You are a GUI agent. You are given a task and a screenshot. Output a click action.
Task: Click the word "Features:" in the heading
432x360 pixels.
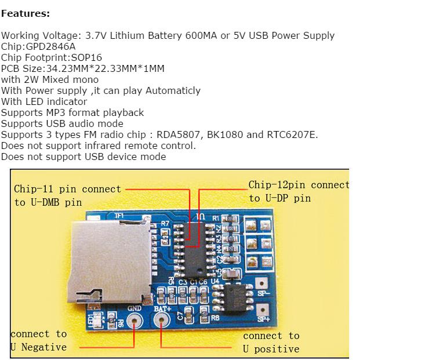click(26, 13)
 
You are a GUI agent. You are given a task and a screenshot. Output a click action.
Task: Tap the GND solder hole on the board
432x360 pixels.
click(135, 320)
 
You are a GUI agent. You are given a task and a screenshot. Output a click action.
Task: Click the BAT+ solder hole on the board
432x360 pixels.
click(162, 320)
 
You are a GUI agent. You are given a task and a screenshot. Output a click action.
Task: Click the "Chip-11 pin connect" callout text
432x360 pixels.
click(67, 189)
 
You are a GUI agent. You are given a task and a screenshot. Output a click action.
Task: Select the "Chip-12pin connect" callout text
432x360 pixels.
click(299, 186)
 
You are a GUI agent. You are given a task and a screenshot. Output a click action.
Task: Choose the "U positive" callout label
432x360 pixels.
click(271, 349)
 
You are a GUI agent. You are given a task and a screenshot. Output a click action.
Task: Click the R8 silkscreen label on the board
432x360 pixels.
click(215, 318)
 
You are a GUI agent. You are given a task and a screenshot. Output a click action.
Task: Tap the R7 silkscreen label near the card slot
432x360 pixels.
click(165, 223)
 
